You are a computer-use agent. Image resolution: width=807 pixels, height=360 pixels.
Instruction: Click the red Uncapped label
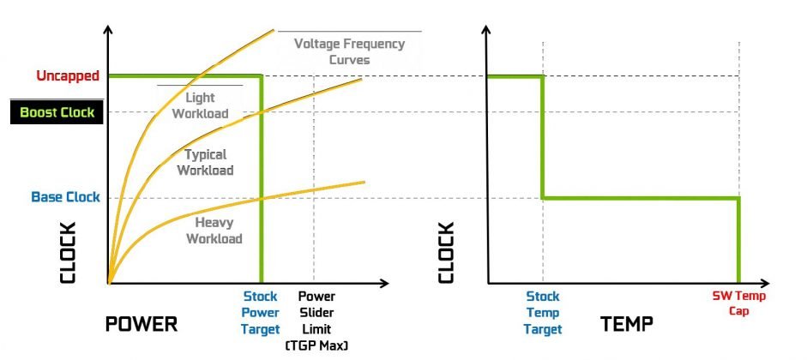click(68, 76)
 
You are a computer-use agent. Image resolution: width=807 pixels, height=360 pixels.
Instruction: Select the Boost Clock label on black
click(57, 112)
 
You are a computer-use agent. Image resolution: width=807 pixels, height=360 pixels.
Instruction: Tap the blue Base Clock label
click(65, 197)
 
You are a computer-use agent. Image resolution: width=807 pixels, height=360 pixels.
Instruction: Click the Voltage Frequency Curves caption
click(349, 51)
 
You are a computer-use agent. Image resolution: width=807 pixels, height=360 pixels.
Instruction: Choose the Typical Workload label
click(206, 162)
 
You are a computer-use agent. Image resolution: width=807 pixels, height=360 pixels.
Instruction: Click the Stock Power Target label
click(261, 312)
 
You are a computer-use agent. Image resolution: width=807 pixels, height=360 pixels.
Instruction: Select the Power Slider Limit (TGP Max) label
click(316, 320)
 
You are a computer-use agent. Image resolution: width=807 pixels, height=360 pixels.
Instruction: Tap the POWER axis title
click(141, 324)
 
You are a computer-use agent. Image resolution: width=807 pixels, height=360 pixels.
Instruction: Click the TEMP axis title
click(627, 324)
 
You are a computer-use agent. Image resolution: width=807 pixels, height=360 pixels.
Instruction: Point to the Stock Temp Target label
click(542, 313)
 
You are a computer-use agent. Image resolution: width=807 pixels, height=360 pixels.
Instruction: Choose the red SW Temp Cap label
click(738, 303)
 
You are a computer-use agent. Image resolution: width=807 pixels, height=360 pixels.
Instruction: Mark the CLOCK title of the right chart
click(446, 253)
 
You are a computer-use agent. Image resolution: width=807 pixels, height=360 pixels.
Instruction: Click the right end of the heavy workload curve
click(364, 182)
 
